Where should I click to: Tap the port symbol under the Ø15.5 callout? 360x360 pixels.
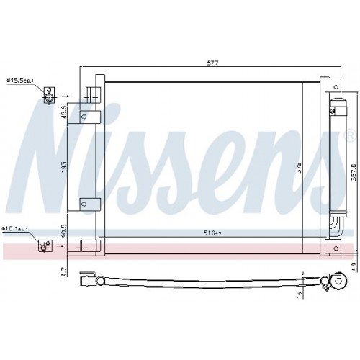click(48, 96)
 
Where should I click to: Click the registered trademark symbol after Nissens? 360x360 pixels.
click(350, 135)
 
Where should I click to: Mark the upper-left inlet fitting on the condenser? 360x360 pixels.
click(89, 94)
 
